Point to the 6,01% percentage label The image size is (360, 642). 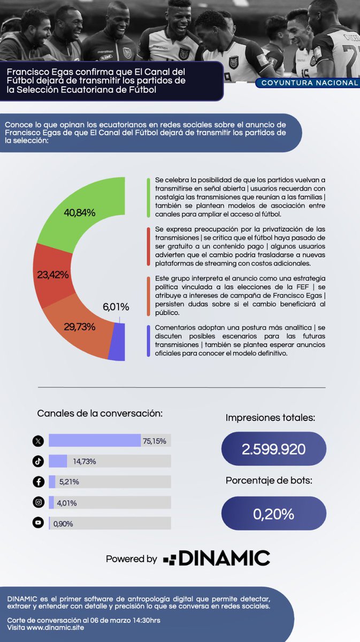point(116,307)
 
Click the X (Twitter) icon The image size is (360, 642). point(38,441)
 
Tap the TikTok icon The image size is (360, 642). point(38,461)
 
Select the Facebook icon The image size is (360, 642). point(38,482)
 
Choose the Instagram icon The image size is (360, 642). point(38,502)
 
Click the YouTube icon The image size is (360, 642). point(38,523)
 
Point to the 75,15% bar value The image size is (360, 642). point(155,441)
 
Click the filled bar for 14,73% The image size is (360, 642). point(58,461)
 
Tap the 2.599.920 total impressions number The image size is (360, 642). point(273,449)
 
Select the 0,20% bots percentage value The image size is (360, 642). point(273,514)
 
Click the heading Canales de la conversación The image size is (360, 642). point(100,414)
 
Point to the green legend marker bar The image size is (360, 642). point(148,198)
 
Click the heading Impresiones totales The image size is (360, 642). point(270,418)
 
